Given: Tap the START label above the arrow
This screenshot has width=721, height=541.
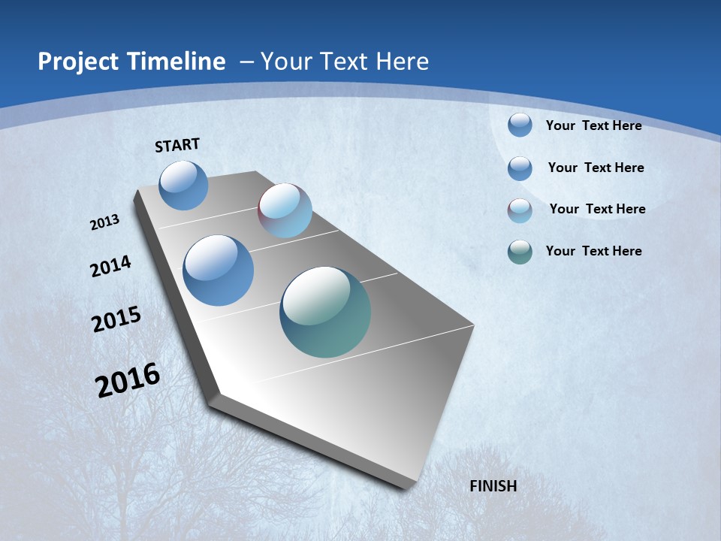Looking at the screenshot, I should pyautogui.click(x=177, y=145).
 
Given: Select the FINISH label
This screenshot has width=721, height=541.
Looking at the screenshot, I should pyautogui.click(x=493, y=486).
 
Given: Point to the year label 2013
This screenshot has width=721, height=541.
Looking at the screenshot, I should pyautogui.click(x=105, y=222).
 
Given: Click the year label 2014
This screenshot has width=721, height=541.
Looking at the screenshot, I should pyautogui.click(x=111, y=266).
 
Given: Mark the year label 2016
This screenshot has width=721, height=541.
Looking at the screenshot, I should pyautogui.click(x=128, y=379).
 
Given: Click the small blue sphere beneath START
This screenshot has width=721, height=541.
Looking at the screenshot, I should pyautogui.click(x=183, y=185).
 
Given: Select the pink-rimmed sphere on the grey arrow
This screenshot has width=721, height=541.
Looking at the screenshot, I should pyautogui.click(x=285, y=210).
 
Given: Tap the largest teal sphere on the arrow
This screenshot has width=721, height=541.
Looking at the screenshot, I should pyautogui.click(x=325, y=312).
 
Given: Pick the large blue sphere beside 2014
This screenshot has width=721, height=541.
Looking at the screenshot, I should pyautogui.click(x=219, y=270).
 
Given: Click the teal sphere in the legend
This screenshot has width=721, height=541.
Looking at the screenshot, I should pyautogui.click(x=520, y=252).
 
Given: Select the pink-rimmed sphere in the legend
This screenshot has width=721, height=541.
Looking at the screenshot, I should pyautogui.click(x=520, y=210).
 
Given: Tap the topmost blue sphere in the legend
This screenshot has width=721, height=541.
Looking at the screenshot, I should pyautogui.click(x=520, y=125).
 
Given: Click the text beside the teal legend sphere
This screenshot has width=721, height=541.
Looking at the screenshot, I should pyautogui.click(x=593, y=251).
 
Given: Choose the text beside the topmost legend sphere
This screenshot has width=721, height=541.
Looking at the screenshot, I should pyautogui.click(x=593, y=125).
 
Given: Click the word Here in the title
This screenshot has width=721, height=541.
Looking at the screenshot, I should pyautogui.click(x=403, y=62).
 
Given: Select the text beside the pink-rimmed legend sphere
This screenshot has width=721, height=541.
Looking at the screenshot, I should pyautogui.click(x=597, y=209).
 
